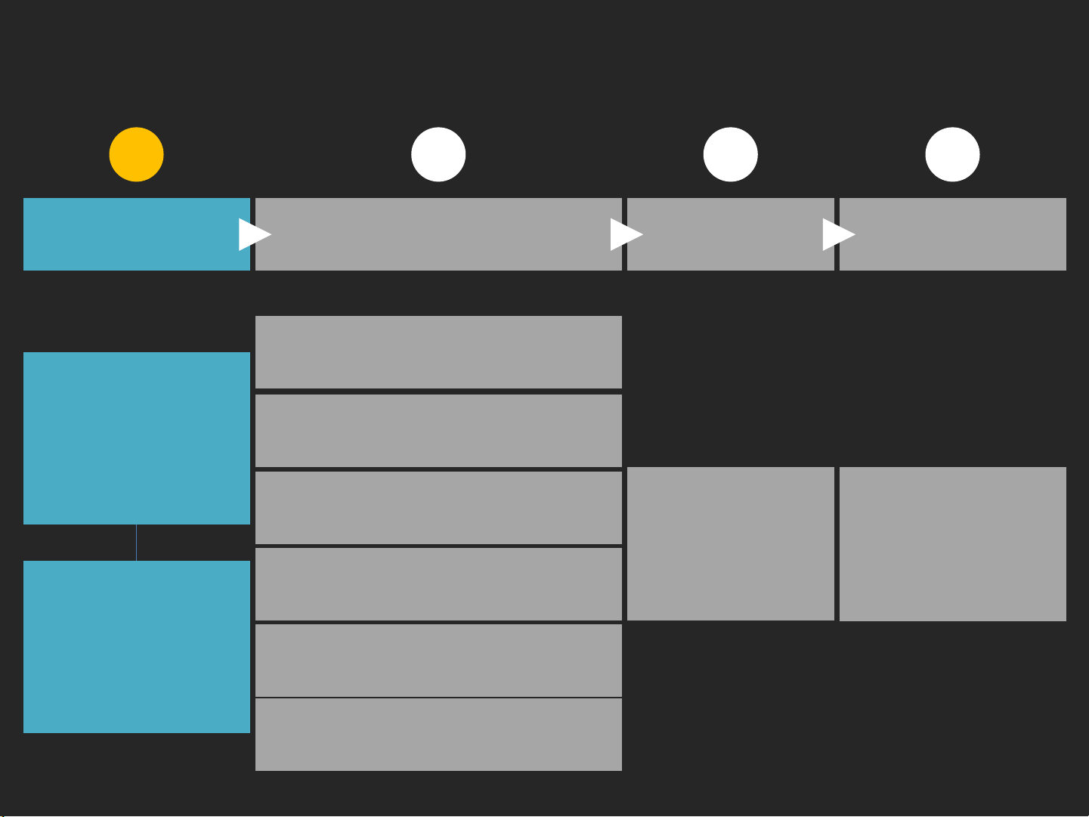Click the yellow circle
tap(136, 155)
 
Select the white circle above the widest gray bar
tap(438, 155)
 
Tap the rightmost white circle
tap(952, 155)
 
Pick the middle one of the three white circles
tap(730, 155)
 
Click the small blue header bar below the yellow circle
tap(128, 234)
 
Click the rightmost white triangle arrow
tap(837, 234)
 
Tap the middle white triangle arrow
tap(625, 234)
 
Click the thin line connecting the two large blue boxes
tap(136, 543)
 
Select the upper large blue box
tap(136, 438)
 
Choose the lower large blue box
tap(136, 647)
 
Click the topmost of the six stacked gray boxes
tap(438, 352)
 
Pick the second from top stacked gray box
tap(438, 431)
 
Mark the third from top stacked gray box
tap(438, 508)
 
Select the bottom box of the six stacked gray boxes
tap(438, 735)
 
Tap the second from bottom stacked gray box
tap(438, 660)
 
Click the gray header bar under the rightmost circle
tap(952, 234)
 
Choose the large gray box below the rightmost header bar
tap(952, 544)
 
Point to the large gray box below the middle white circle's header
tap(730, 544)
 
